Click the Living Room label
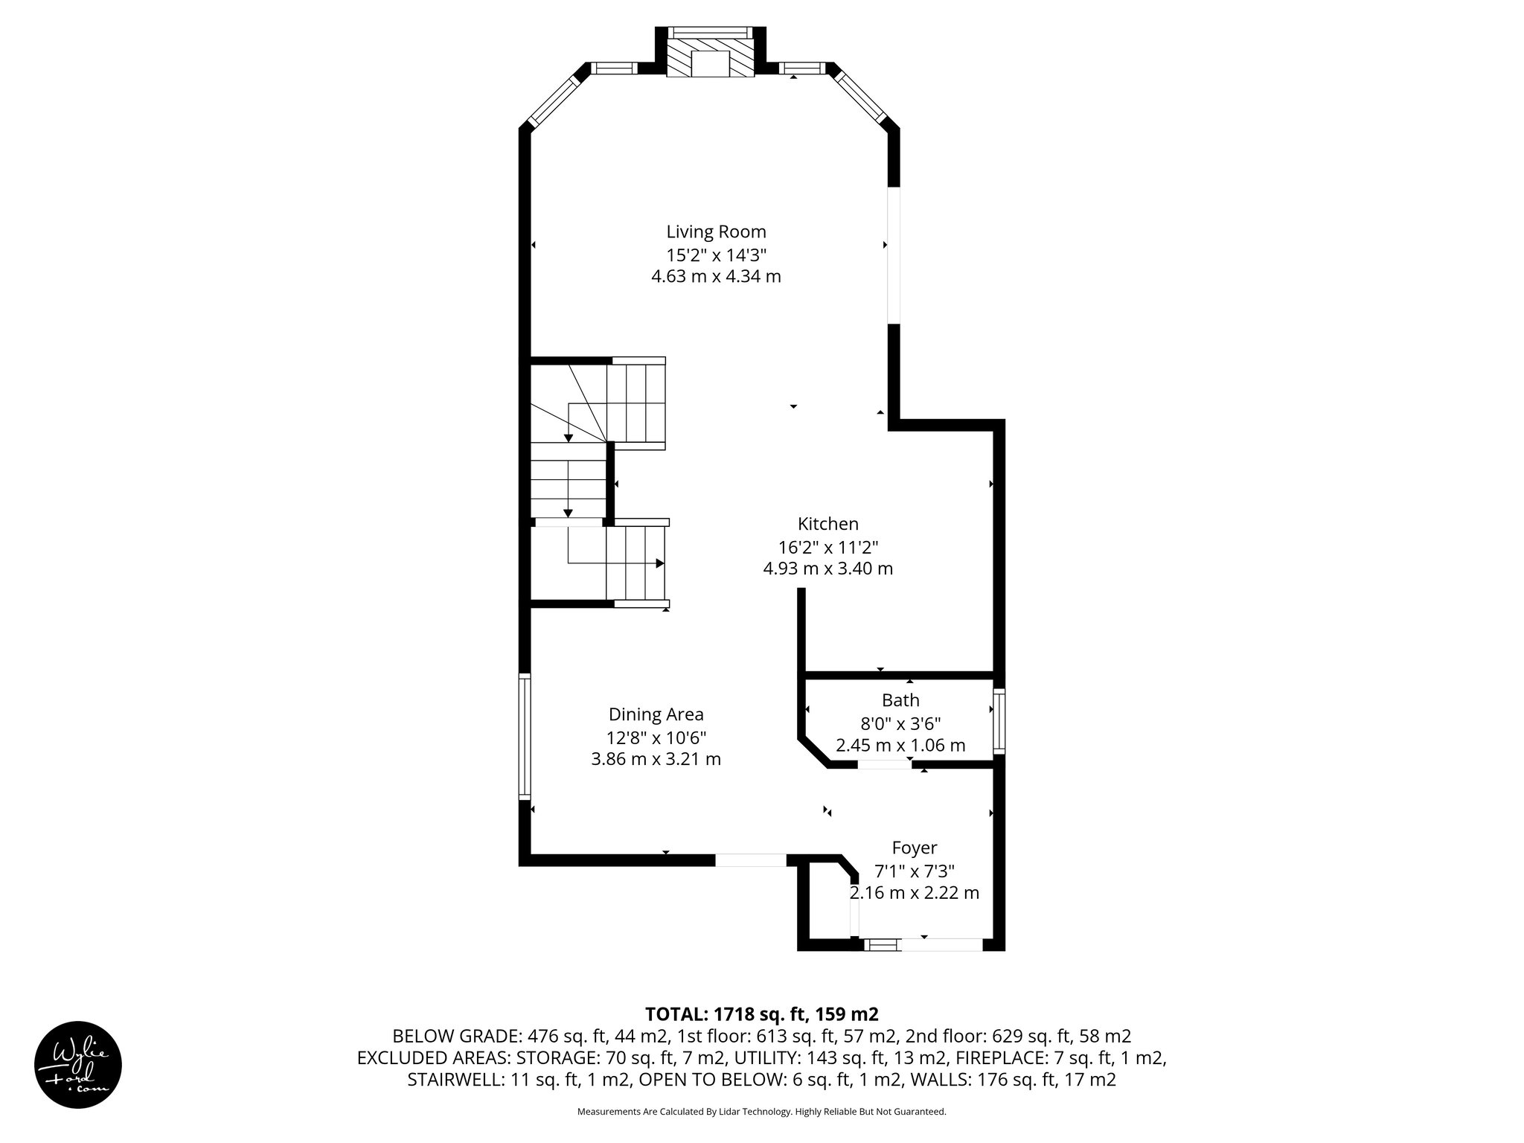pos(716,231)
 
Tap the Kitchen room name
pos(827,523)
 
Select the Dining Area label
pos(656,714)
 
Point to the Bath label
pos(900,700)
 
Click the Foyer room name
pos(914,848)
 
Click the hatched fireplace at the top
pos(710,58)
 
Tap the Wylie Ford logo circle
pos(78,1064)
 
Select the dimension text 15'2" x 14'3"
pos(716,254)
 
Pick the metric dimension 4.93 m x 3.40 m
pos(827,569)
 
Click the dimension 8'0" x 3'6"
pos(900,723)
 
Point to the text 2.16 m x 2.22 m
pos(914,893)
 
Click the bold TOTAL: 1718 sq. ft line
pos(761,1014)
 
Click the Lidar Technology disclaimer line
pos(761,1112)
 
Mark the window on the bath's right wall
pos(999,722)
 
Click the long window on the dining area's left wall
pos(525,736)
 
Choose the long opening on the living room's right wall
pos(894,255)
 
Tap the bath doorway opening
pos(884,764)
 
